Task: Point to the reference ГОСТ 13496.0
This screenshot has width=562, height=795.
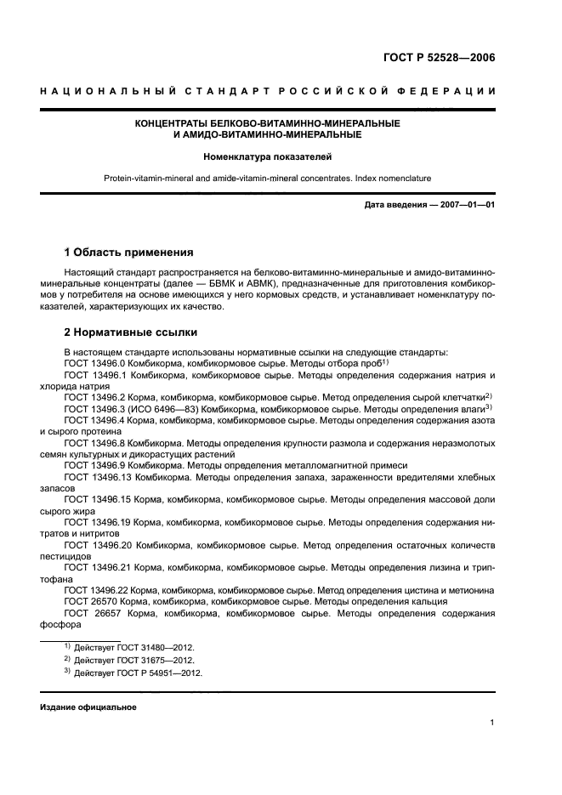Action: point(94,363)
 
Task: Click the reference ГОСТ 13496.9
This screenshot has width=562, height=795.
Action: point(94,465)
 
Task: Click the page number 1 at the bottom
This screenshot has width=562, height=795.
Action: point(492,723)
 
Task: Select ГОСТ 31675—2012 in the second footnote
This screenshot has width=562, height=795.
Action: point(158,661)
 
